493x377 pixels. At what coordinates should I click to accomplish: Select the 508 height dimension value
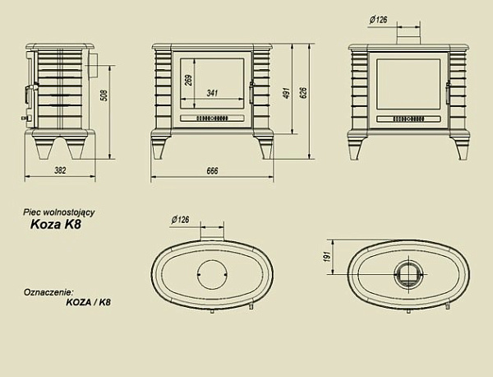[104, 97]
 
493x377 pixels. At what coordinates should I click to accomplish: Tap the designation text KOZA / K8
[87, 302]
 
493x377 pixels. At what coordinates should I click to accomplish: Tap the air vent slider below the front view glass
[212, 119]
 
